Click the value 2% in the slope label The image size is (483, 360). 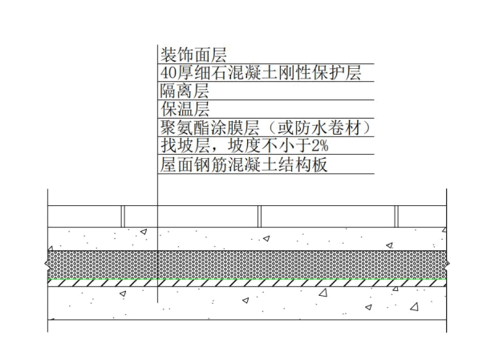coord(322,148)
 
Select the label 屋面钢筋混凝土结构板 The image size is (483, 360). coord(245,166)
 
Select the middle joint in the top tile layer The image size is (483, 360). coord(258,216)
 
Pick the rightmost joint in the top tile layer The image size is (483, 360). coord(396,216)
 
